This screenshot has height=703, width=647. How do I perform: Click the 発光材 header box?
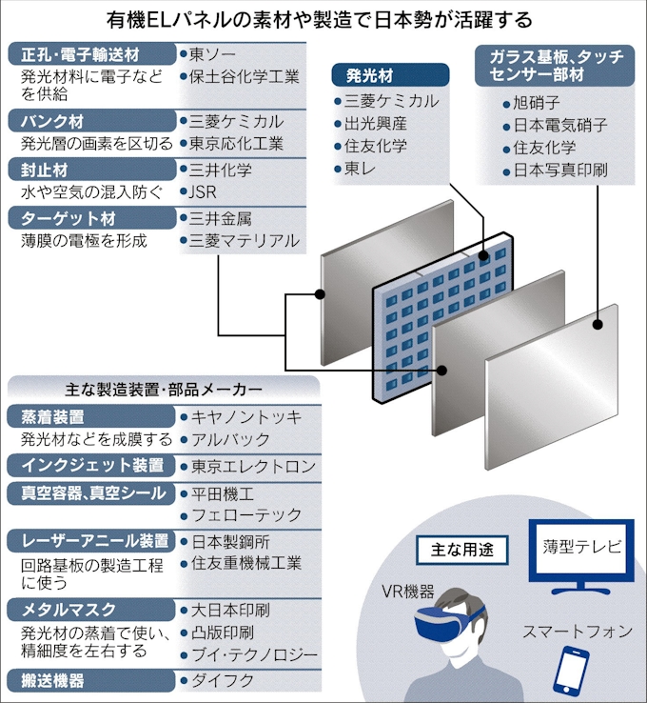390,75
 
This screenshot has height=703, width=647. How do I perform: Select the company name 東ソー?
212,54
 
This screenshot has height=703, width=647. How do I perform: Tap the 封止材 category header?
91,170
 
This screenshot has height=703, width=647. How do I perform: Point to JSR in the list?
203,192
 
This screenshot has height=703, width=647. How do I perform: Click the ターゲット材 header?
91,218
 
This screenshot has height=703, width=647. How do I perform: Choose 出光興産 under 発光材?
375,124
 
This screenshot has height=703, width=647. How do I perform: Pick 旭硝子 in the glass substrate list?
537,103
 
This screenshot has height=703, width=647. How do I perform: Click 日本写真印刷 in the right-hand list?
560,171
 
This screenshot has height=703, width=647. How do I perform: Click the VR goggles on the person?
449,621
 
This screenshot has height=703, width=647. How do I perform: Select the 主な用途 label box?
462,550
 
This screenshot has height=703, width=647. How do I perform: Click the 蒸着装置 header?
91,417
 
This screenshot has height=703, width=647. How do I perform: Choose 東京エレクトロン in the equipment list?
253,467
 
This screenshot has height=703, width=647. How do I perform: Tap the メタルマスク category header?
91,610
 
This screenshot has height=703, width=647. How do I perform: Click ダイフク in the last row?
223,681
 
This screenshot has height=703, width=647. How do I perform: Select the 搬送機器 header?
91,681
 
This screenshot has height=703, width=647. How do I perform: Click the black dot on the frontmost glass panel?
598,325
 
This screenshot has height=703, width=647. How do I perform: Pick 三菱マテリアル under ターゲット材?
244,241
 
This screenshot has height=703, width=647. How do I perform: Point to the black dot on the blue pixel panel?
483,256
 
